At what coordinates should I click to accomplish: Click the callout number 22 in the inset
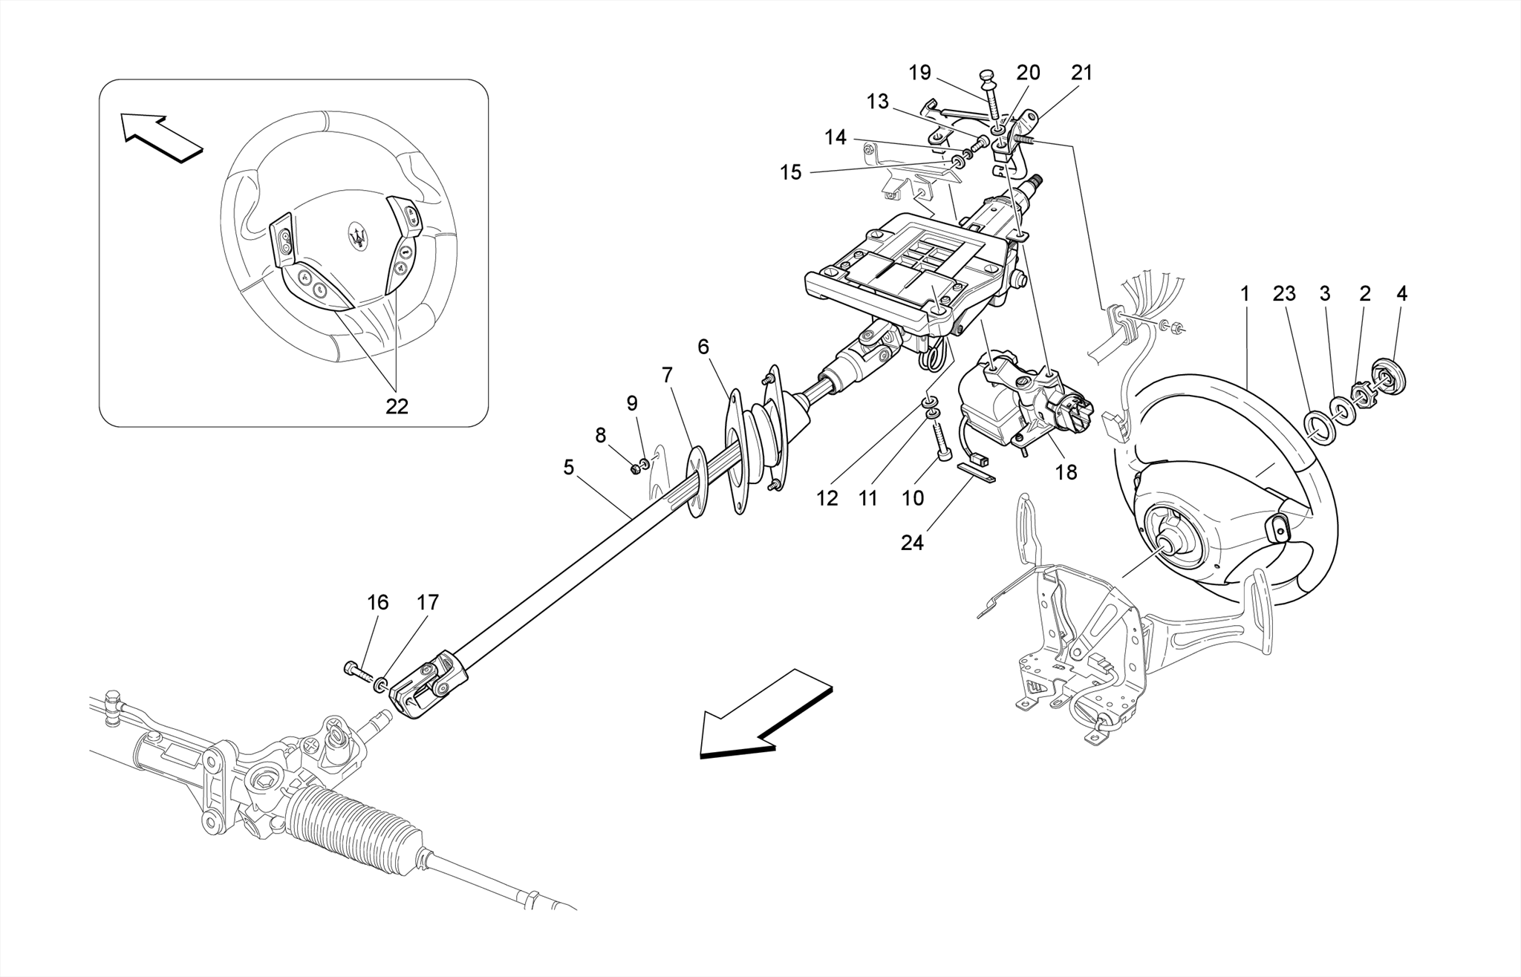click(397, 406)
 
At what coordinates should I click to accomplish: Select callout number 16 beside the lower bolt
click(378, 602)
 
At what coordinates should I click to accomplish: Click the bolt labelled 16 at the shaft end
click(357, 670)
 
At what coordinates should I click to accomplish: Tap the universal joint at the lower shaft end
click(429, 684)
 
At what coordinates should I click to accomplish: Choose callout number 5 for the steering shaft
click(568, 467)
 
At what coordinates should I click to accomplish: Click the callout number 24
click(912, 543)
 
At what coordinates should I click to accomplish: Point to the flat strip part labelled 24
click(976, 472)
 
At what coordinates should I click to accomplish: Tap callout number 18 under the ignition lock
click(1066, 472)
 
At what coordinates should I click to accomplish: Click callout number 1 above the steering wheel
click(1245, 294)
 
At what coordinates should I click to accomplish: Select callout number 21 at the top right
click(1082, 73)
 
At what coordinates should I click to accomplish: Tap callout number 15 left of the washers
click(791, 172)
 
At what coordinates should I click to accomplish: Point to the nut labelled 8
click(636, 468)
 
